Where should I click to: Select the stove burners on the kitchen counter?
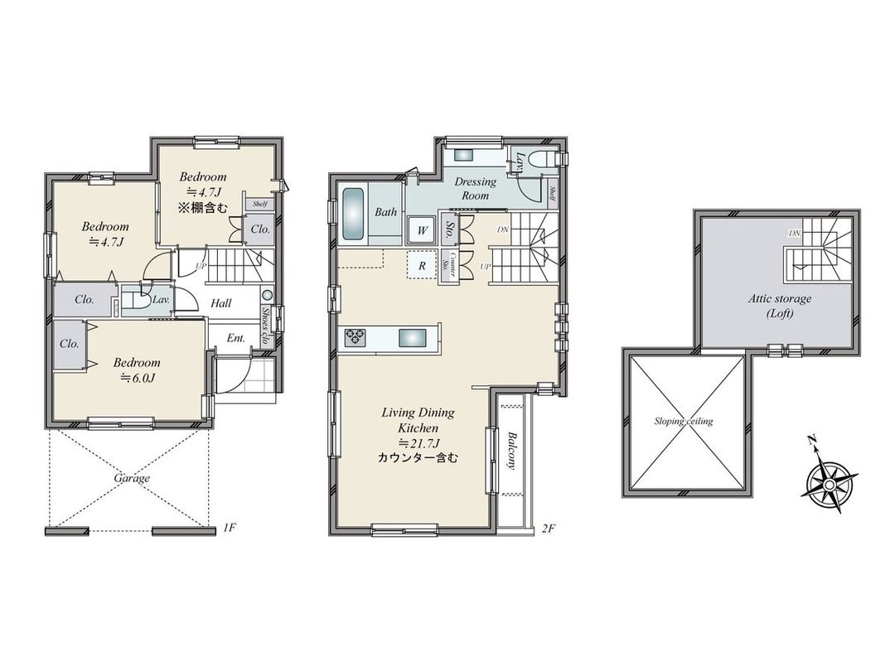coord(356,336)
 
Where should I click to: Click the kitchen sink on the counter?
coord(411,337)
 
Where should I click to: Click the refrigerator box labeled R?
coord(422,266)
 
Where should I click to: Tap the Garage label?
coord(132,478)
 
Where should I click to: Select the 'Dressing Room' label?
coord(476,188)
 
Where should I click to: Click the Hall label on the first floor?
coord(220,303)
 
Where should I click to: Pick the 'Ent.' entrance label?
coord(235,338)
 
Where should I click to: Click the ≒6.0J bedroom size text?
coord(136,379)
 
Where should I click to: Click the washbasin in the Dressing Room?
coord(462,154)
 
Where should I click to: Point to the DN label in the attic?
coord(794,234)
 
